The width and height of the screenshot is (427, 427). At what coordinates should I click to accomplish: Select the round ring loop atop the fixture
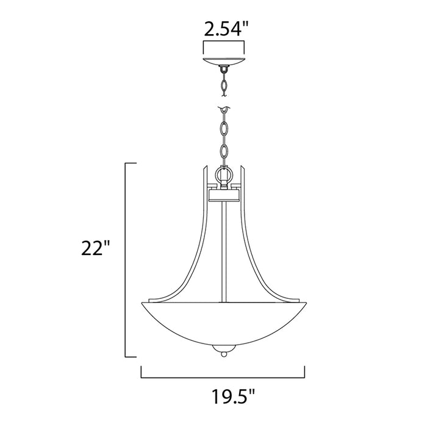pyautogui.click(x=223, y=174)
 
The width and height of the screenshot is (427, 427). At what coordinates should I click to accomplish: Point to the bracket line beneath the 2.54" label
pyautogui.click(x=223, y=42)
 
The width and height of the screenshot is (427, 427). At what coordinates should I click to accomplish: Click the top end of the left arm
pyautogui.click(x=204, y=166)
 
